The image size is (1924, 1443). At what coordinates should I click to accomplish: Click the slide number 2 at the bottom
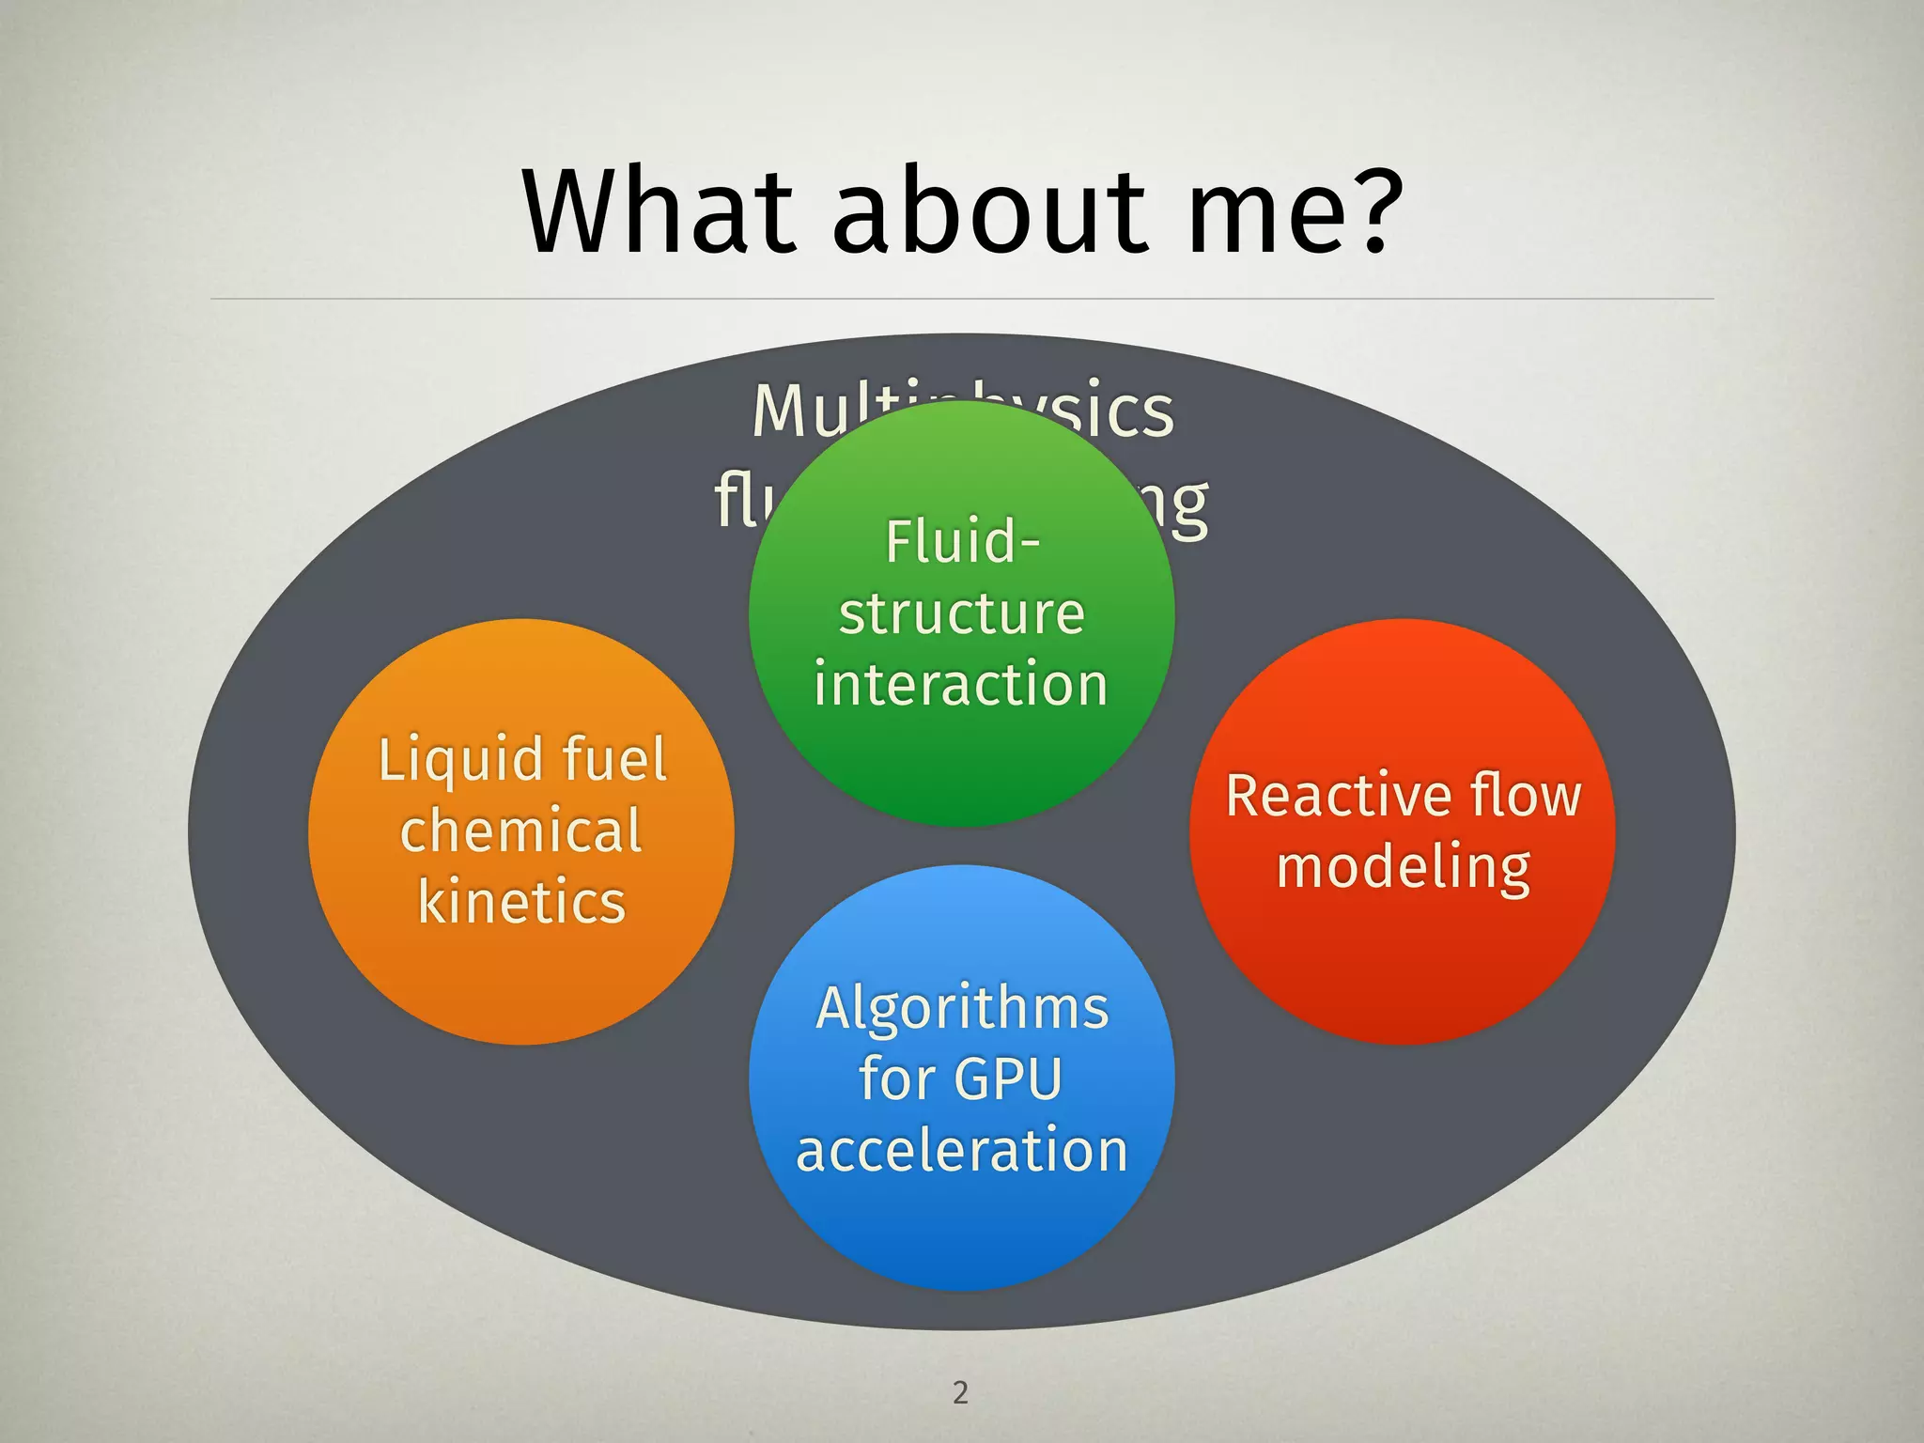click(x=960, y=1392)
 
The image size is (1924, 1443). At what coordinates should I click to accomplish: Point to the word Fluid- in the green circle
click(x=962, y=542)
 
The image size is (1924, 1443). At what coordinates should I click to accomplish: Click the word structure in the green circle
click(x=962, y=613)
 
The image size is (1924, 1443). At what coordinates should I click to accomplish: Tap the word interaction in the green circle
click(x=961, y=683)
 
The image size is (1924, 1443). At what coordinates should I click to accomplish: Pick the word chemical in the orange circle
click(x=521, y=830)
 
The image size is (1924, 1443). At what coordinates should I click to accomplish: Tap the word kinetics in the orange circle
click(x=521, y=902)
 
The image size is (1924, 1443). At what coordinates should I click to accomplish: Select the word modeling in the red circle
click(x=1404, y=868)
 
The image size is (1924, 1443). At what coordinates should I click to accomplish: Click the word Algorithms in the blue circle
click(x=962, y=1008)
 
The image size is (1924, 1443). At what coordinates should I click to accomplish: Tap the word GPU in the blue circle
click(x=1008, y=1078)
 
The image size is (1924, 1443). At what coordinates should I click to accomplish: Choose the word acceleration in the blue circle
click(x=962, y=1150)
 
